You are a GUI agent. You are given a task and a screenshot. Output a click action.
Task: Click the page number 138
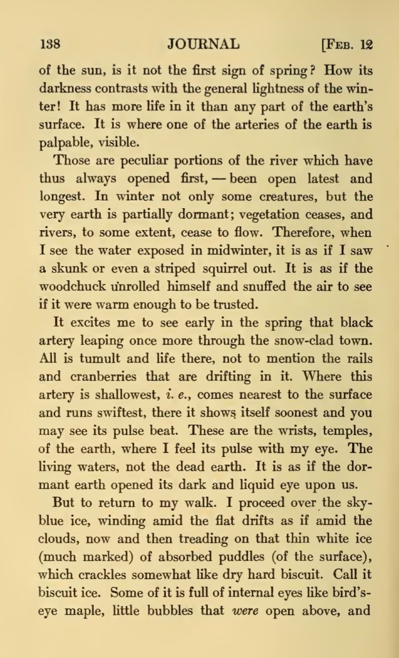(x=50, y=44)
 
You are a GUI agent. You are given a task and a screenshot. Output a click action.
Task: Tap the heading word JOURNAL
(x=203, y=44)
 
